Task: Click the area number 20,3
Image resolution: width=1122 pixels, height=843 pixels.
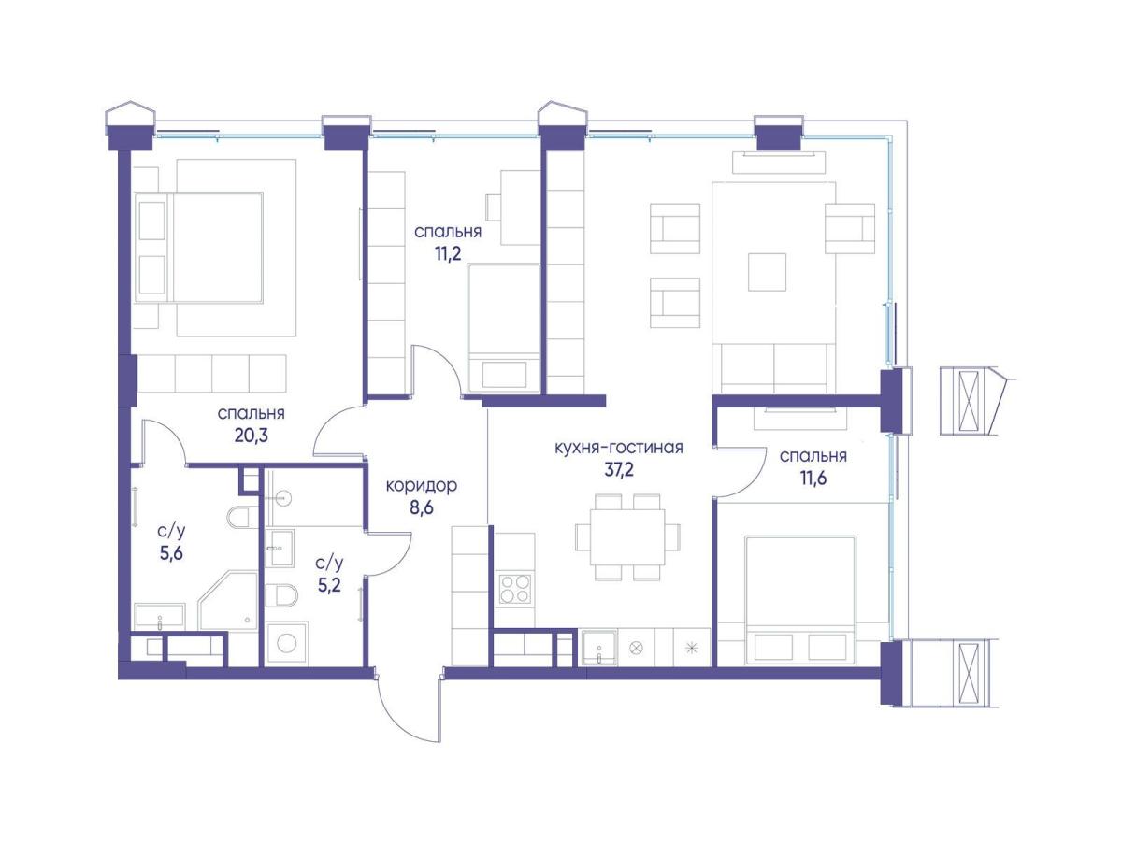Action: (251, 436)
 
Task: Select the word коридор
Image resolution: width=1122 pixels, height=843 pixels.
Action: (421, 486)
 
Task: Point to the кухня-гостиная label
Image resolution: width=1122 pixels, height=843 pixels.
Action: (619, 448)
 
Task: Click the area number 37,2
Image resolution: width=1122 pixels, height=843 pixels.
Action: (619, 470)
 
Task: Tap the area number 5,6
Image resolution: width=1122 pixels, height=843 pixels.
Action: (172, 552)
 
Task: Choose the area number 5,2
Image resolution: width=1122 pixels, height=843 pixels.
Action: (329, 585)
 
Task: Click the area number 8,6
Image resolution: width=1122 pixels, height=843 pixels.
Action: (421, 508)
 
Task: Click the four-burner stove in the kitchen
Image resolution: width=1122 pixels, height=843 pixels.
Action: (513, 589)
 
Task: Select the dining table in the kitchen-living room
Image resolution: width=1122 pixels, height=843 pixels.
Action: (627, 536)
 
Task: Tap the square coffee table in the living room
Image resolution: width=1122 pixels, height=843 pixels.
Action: (767, 272)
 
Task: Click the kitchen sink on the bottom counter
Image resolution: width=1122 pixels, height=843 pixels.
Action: (599, 648)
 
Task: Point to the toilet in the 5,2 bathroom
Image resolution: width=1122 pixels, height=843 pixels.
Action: (281, 595)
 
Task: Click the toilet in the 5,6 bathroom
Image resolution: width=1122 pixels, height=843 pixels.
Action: (238, 518)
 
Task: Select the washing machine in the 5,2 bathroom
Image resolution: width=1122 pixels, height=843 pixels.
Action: (287, 644)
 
